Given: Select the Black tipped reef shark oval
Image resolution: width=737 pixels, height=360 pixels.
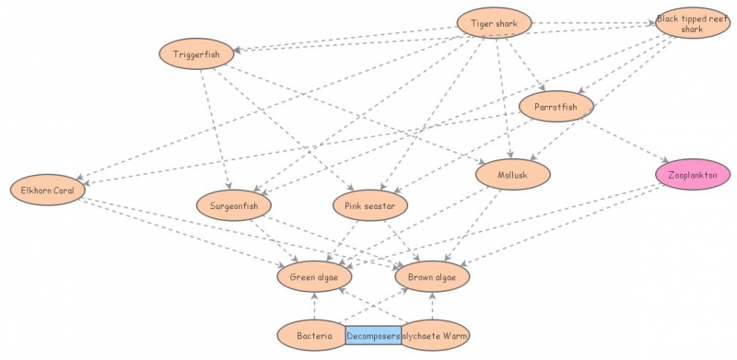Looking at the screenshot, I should click(x=692, y=23).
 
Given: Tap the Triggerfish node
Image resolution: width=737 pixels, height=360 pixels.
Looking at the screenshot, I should click(x=197, y=54).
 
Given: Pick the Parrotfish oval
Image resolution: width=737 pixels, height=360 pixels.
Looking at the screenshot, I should click(x=556, y=108).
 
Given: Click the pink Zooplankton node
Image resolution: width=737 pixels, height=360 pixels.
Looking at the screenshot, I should click(x=693, y=172).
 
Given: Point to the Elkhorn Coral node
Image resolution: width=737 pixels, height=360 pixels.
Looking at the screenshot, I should click(x=47, y=191).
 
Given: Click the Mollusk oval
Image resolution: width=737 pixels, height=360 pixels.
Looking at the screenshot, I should click(x=513, y=172).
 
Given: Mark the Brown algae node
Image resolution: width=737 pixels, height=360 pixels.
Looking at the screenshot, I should click(x=432, y=275).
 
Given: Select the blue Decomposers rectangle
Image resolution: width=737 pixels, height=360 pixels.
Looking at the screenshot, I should click(x=374, y=336).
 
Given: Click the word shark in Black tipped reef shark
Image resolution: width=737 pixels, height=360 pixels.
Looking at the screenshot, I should click(x=692, y=29).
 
